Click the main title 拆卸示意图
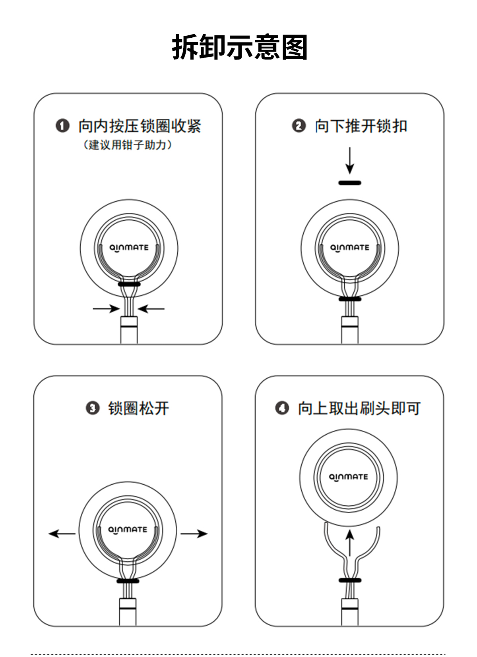[240, 47]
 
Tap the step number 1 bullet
[62, 126]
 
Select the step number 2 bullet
[299, 126]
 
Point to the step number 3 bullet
[93, 408]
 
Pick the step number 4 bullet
[282, 408]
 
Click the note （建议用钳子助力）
[128, 145]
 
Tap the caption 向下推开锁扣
[361, 126]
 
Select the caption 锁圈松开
[139, 408]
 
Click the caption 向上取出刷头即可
[359, 408]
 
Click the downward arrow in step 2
[350, 161]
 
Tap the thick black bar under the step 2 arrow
[350, 183]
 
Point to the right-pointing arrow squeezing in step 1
[106, 308]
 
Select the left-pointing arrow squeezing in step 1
[151, 308]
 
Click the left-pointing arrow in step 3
[62, 534]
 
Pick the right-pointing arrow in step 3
[194, 534]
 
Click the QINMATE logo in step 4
[349, 477]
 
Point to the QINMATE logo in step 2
[350, 247]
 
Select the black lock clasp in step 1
[129, 285]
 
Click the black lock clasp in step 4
[350, 580]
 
